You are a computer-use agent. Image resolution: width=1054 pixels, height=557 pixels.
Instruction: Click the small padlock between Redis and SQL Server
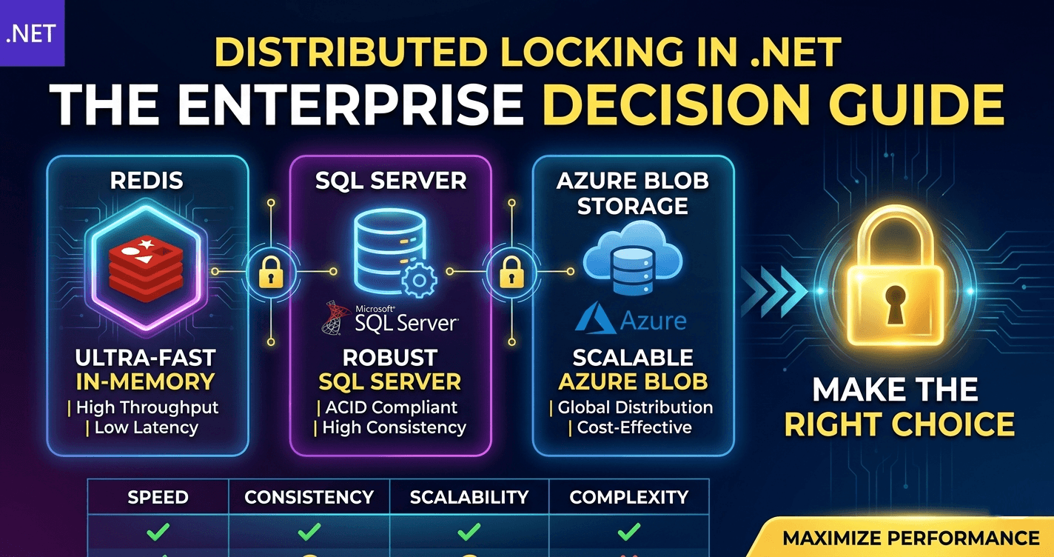pos(269,272)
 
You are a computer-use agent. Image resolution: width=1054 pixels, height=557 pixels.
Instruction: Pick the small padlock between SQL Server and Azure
pos(508,272)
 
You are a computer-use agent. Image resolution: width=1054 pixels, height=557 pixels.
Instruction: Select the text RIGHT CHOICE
pos(899,424)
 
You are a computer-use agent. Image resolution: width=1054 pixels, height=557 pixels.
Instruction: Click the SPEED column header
pos(158,497)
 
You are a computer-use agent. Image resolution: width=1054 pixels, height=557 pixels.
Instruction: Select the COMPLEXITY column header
pos(629,497)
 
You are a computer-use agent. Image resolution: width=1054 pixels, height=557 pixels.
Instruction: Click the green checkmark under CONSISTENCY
pos(309,531)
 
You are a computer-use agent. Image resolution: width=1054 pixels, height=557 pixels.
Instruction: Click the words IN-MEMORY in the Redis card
pos(146,382)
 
